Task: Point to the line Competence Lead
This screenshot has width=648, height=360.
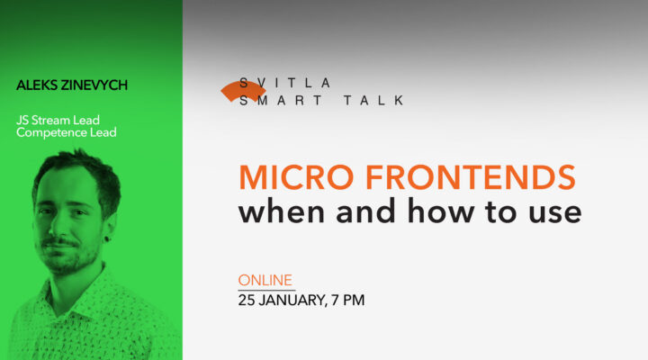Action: point(66,133)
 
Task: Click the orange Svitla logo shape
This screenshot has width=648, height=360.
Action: point(243,90)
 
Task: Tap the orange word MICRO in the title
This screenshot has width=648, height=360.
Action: point(286,177)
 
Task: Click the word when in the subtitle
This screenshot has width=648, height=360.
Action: point(285,212)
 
